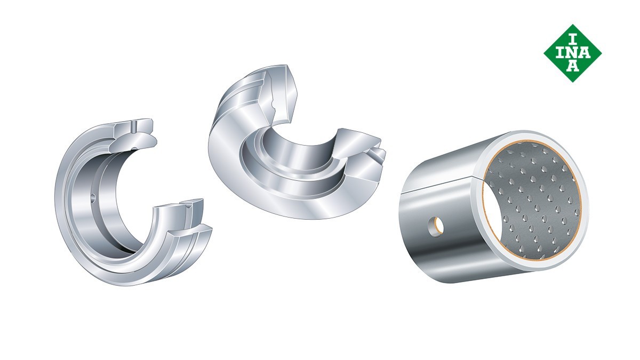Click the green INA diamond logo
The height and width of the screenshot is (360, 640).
[573, 53]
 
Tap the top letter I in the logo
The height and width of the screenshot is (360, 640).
[572, 39]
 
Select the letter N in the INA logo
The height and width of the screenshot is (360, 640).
[572, 53]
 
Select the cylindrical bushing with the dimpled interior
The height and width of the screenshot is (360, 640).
[494, 206]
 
